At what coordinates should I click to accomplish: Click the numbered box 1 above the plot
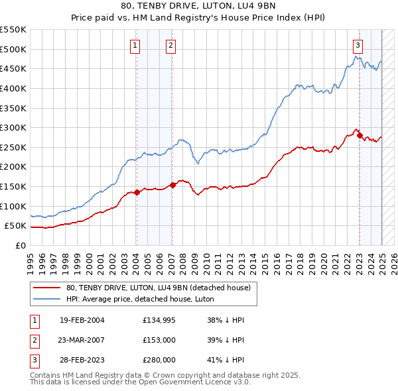pyautogui.click(x=135, y=45)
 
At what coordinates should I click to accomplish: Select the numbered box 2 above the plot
pyautogui.click(x=170, y=45)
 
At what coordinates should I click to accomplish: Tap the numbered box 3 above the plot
pyautogui.click(x=358, y=45)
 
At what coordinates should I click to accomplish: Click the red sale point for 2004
pyautogui.click(x=137, y=192)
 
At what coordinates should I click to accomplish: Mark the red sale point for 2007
pyautogui.click(x=173, y=185)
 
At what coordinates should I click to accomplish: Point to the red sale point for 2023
pyautogui.click(x=360, y=136)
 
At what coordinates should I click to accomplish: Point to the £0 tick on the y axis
pyautogui.click(x=21, y=245)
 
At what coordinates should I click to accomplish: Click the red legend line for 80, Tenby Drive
pyautogui.click(x=46, y=288)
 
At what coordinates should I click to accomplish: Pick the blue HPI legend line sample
pyautogui.click(x=46, y=299)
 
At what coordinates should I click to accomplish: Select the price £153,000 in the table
pyautogui.click(x=159, y=340)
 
